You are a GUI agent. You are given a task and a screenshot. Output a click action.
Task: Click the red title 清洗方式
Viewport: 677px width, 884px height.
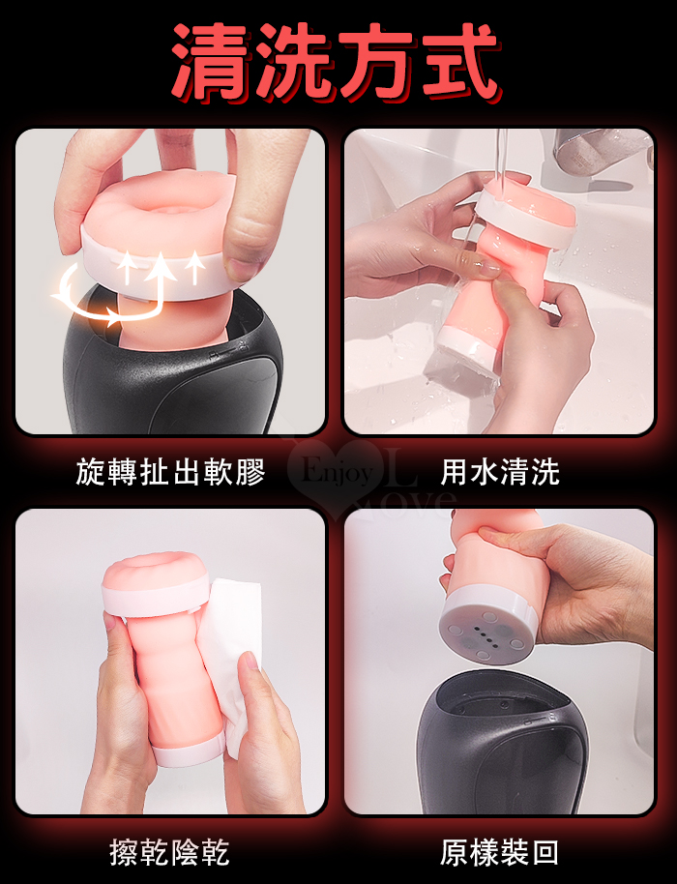pyautogui.click(x=337, y=62)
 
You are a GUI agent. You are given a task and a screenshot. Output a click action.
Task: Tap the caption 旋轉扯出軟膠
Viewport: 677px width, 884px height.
pyautogui.click(x=171, y=472)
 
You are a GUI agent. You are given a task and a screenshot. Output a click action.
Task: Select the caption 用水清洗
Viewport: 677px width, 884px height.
pyautogui.click(x=500, y=472)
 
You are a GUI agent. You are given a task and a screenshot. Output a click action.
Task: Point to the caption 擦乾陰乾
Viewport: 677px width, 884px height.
pyautogui.click(x=169, y=852)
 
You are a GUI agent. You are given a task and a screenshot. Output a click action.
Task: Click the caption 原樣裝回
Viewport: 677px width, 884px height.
pyautogui.click(x=499, y=852)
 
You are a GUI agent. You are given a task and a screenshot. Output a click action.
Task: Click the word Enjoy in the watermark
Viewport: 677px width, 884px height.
pyautogui.click(x=338, y=472)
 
